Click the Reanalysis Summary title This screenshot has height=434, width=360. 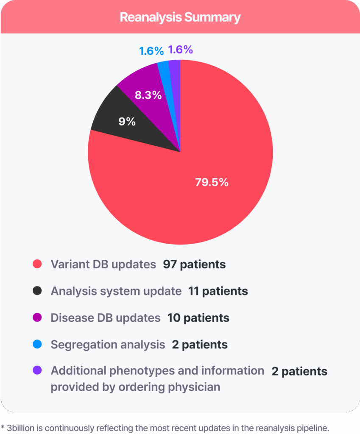click(180, 17)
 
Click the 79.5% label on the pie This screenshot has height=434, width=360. click(212, 182)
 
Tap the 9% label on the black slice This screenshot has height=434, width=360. click(127, 122)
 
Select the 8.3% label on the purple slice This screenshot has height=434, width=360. click(148, 95)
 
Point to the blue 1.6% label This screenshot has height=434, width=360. click(151, 51)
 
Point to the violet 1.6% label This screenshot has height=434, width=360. click(181, 50)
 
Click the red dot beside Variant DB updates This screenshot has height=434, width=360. click(37, 264)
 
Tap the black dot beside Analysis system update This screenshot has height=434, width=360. click(37, 291)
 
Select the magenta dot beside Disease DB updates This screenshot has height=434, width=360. click(37, 318)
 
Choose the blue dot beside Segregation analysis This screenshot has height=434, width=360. click(37, 345)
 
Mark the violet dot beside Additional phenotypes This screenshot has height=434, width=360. click(37, 371)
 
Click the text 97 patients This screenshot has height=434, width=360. click(194, 264)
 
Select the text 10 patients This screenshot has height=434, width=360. click(198, 318)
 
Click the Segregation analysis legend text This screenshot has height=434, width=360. click(108, 345)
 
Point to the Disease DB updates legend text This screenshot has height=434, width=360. click(105, 318)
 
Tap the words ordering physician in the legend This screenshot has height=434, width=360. click(171, 387)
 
